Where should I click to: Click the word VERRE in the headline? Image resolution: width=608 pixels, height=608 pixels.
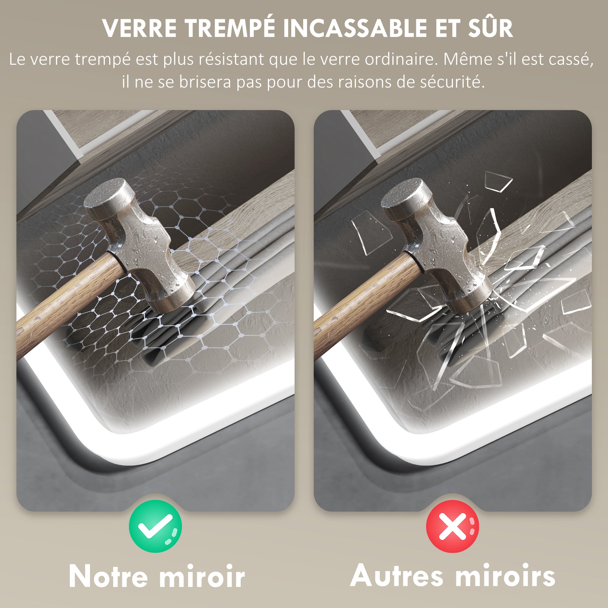pos(139,29)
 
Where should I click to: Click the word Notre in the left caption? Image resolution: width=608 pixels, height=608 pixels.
pos(108,576)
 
